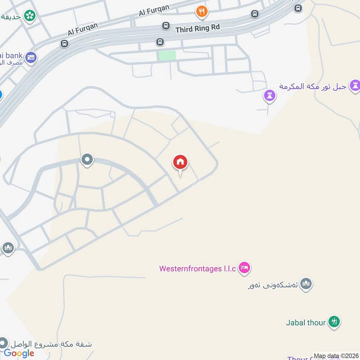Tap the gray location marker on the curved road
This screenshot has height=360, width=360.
click(87, 159)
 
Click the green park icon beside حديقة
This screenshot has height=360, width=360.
click(31, 16)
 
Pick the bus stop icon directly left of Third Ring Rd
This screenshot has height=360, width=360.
click(166, 26)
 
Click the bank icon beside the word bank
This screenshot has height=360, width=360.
click(31, 57)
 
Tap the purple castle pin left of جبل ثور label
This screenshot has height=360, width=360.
click(269, 95)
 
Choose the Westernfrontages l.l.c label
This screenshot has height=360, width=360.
click(198, 269)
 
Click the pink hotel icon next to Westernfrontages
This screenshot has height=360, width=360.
click(244, 268)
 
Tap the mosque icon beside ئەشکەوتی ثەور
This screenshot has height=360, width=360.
click(306, 284)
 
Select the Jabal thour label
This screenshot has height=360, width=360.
click(306, 322)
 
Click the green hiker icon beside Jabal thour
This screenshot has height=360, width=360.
click(334, 321)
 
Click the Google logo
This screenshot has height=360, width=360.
click(19, 353)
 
